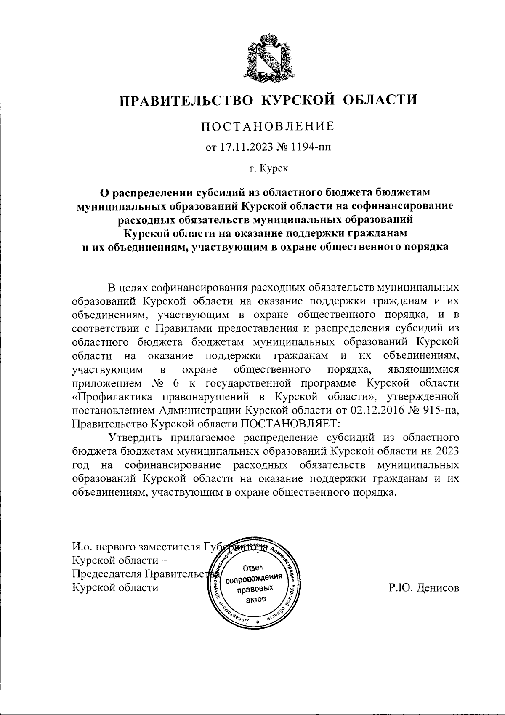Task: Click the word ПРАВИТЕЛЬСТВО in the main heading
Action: (186, 100)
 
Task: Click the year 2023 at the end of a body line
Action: (445, 450)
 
